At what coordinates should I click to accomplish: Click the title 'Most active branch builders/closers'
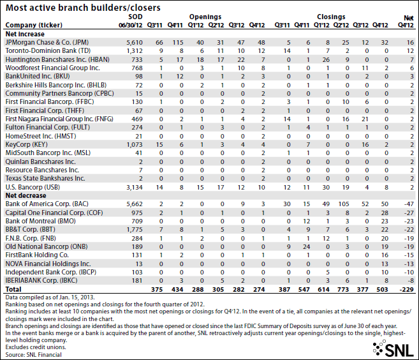pos(83,8)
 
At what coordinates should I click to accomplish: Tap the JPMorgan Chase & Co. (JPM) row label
pos(47,42)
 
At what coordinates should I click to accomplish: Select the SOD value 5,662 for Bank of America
pos(135,204)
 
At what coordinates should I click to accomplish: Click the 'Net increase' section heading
pos(25,34)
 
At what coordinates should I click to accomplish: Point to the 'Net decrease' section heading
pos(26,195)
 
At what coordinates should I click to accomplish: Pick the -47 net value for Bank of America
pos(409,204)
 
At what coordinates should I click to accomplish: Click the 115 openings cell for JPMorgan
pos(178,43)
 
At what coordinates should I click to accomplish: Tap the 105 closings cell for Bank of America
pos(344,204)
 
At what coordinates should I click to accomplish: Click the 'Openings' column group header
pos(205,17)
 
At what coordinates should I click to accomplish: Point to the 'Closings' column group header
pos(331,17)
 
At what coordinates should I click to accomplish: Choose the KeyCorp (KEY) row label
pos(26,144)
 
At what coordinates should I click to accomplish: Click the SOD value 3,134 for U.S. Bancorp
pos(135,187)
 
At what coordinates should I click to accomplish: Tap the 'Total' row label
pos(13,289)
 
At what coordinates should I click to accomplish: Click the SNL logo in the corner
pos(393,349)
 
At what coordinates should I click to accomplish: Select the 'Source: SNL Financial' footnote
pos(33,355)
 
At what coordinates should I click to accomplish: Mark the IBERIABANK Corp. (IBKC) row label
pos(41,281)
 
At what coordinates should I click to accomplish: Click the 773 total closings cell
pos(343,289)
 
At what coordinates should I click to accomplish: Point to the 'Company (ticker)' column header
pos(34,25)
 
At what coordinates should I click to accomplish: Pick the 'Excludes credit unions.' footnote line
pos(36,347)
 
